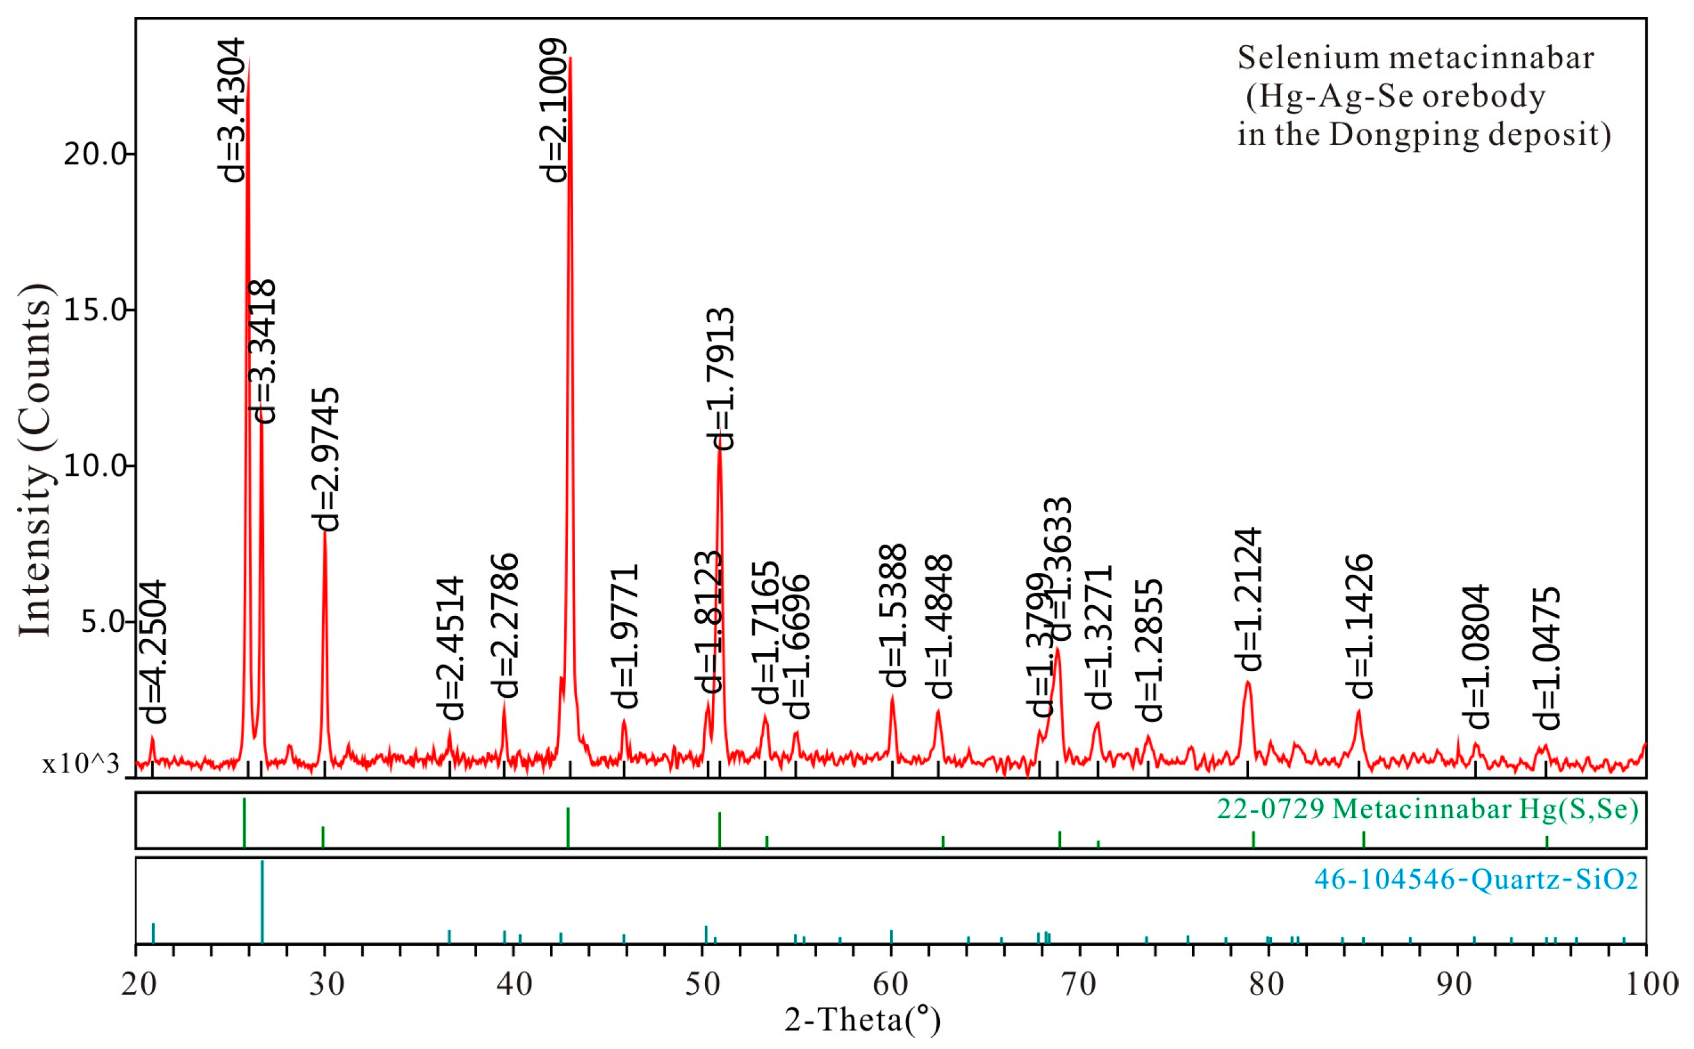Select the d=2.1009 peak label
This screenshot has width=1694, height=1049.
pos(554,110)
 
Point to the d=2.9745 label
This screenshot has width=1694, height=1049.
pos(326,459)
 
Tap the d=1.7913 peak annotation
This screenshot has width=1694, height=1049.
pos(720,379)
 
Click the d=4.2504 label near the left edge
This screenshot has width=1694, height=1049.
pos(153,652)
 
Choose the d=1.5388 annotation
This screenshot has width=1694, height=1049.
pos(893,615)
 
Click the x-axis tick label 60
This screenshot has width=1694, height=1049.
pos(891,984)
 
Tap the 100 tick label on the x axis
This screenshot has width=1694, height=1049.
pos(1647,984)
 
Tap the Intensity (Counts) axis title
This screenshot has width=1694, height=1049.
pos(36,459)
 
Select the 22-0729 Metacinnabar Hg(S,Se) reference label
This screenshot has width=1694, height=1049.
pos(1427,809)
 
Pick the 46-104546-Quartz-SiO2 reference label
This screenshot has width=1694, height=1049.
pos(1476,880)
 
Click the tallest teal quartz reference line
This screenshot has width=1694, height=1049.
pos(262,902)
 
